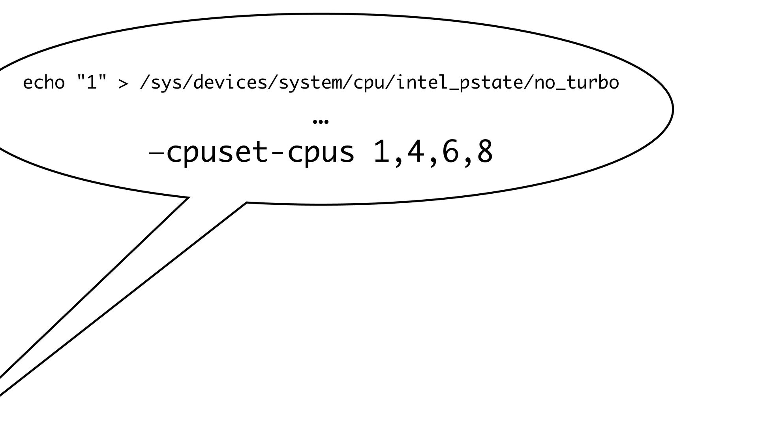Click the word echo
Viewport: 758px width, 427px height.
pyautogui.click(x=44, y=83)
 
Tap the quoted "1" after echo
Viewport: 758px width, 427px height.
pyautogui.click(x=91, y=82)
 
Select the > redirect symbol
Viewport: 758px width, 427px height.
pyautogui.click(x=123, y=83)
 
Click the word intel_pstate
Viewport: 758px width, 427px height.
pyautogui.click(x=460, y=83)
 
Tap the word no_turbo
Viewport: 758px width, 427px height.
pyautogui.click(x=576, y=83)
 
